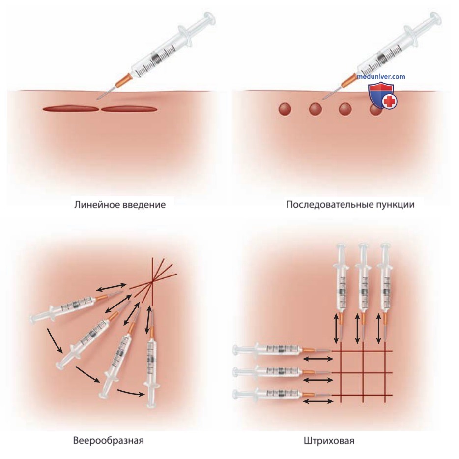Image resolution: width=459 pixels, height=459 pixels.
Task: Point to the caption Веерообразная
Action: [x=108, y=440]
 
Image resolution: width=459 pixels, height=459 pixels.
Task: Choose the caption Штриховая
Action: [x=329, y=440]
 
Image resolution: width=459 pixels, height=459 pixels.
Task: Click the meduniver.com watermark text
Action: [x=381, y=77]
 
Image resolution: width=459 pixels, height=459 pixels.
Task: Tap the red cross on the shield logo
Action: [x=390, y=102]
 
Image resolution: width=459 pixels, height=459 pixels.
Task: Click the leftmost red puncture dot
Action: [x=285, y=109]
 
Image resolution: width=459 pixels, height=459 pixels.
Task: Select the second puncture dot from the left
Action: [x=316, y=109]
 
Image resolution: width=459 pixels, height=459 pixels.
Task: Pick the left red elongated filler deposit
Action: [x=71, y=109]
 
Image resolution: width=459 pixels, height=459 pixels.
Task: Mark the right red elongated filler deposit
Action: [x=129, y=109]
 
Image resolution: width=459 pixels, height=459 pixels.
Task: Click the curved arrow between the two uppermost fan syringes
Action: [x=54, y=340]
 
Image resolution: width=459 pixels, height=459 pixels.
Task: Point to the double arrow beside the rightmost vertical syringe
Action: [x=378, y=328]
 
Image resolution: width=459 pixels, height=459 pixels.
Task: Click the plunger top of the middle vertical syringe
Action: [x=363, y=245]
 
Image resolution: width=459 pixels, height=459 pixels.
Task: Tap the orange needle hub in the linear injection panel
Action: [x=122, y=80]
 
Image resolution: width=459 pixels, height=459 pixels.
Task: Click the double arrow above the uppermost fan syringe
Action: [x=112, y=287]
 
